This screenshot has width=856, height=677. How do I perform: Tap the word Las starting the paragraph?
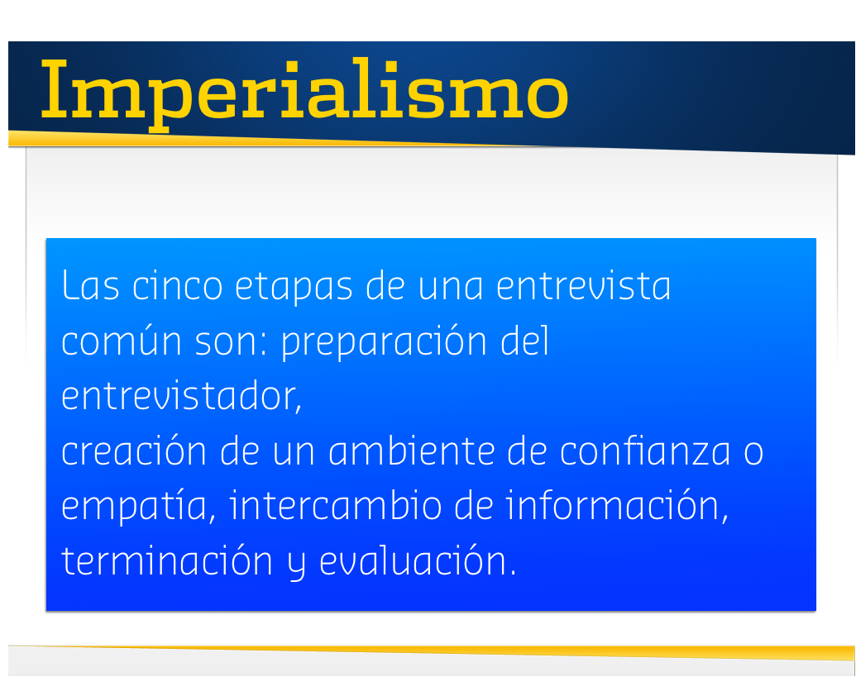coord(91,284)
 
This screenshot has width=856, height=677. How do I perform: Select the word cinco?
coord(178,284)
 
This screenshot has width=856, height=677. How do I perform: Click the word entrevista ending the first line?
coord(583,284)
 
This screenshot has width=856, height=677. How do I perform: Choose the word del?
coord(524,340)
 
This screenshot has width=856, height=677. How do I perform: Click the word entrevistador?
coord(181,396)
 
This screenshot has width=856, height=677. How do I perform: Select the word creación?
coord(134,451)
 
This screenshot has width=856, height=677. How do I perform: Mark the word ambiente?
coord(412,451)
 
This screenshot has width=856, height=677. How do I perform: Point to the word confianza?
coord(645,451)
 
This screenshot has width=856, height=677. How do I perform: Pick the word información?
coord(617,506)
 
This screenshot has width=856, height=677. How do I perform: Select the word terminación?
coord(167,560)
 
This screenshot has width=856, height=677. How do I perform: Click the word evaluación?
coord(418,560)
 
